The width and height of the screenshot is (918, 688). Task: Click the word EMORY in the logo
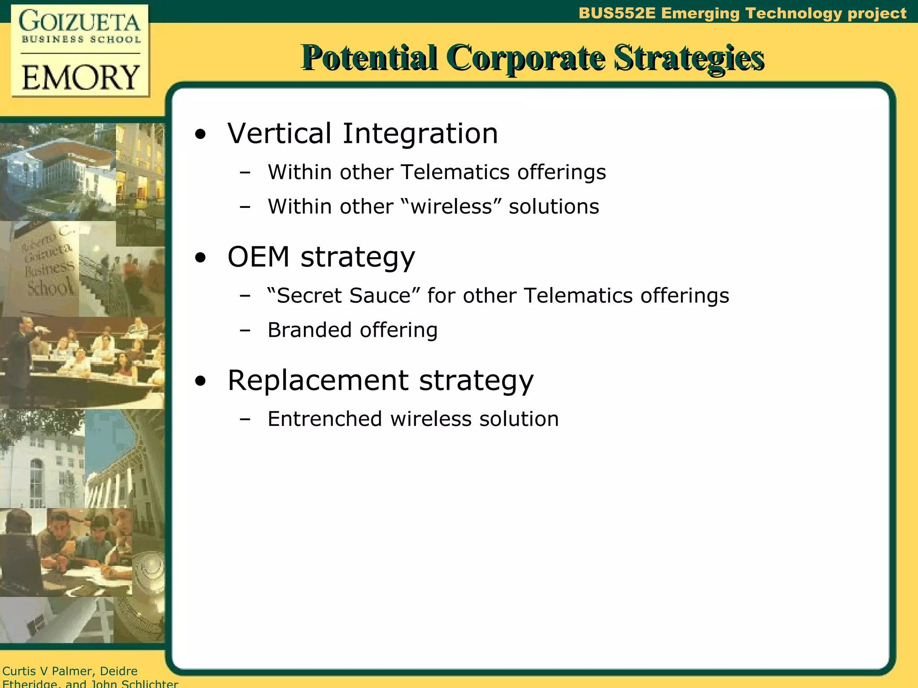(x=81, y=77)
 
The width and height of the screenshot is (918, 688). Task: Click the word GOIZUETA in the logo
(x=80, y=21)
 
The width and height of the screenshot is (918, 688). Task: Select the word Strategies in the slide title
(x=689, y=58)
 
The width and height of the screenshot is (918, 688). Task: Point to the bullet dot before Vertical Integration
(x=200, y=134)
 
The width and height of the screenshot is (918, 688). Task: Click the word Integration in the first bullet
(x=420, y=133)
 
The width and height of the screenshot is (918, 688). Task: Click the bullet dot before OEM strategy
(x=200, y=258)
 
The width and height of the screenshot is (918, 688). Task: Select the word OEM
(x=259, y=257)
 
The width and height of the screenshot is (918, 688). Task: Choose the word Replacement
(x=318, y=380)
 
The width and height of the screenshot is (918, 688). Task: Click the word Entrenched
(x=325, y=419)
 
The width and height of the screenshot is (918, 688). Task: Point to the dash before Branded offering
(x=245, y=331)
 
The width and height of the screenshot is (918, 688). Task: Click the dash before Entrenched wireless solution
(x=245, y=420)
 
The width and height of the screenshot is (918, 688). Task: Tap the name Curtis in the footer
(x=19, y=671)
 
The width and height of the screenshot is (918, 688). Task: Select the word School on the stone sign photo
(x=50, y=286)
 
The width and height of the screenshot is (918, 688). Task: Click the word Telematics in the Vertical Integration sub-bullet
(x=455, y=172)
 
